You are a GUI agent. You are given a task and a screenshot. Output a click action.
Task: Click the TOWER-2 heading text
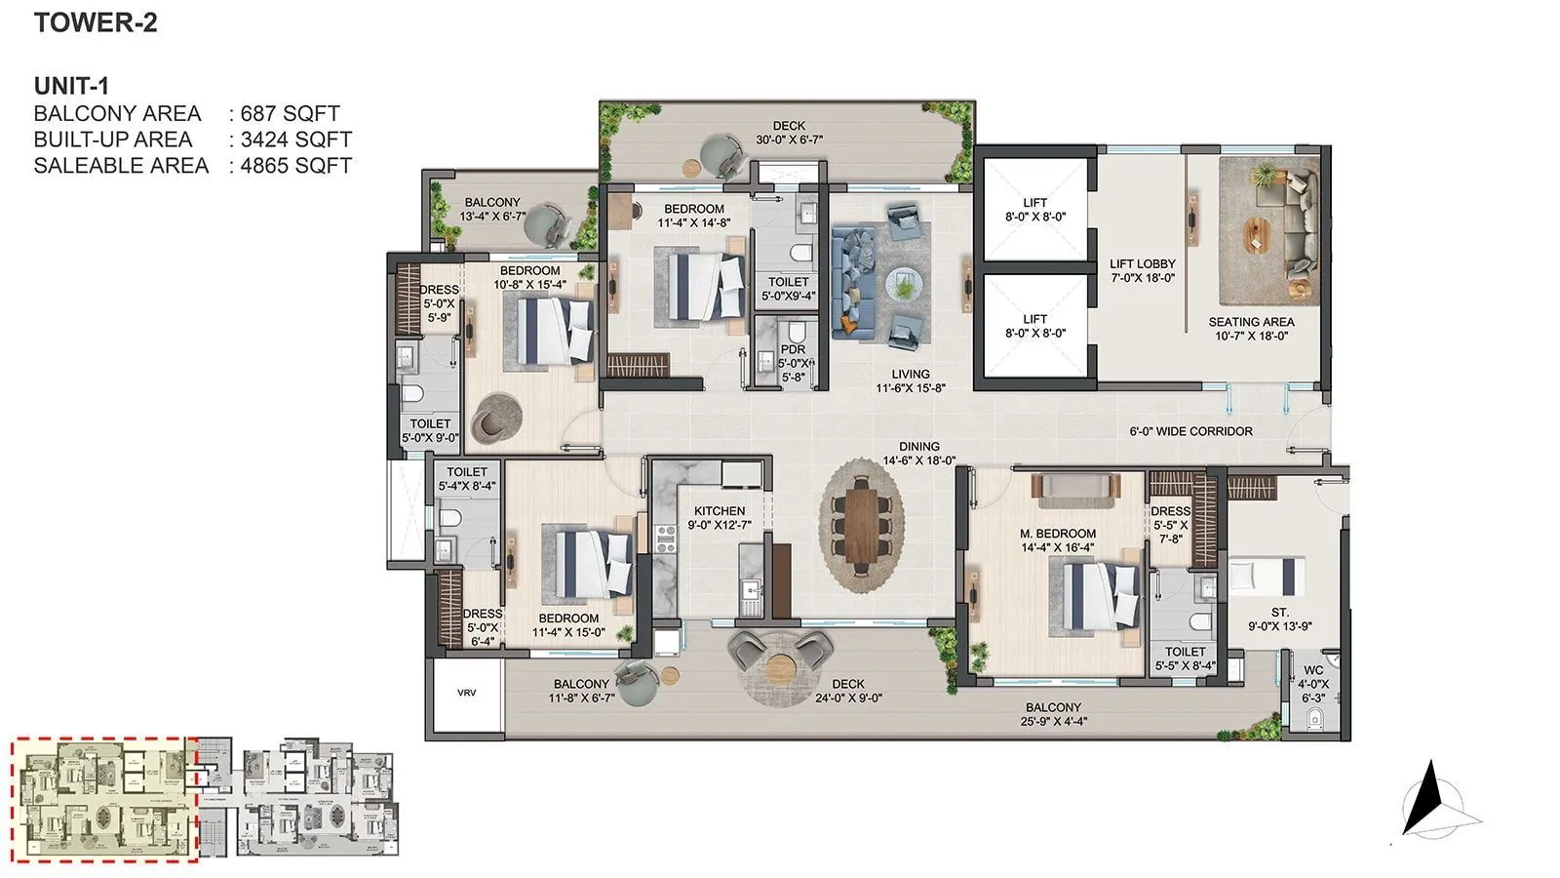[95, 22]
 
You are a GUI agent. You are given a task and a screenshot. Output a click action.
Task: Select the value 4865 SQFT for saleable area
[295, 166]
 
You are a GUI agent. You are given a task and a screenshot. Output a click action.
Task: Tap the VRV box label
[466, 693]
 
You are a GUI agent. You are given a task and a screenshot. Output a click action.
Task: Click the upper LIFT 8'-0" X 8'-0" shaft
[1034, 210]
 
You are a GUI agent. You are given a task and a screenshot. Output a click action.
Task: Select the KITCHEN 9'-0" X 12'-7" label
[720, 517]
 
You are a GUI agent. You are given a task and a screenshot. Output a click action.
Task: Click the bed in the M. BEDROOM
[1100, 594]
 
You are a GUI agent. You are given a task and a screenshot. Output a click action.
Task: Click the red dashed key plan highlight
[104, 800]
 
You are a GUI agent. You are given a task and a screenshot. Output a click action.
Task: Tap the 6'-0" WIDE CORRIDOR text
[1190, 430]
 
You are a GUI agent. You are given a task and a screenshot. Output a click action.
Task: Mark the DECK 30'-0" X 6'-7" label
[789, 133]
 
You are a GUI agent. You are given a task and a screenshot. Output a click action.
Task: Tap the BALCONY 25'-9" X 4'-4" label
[1053, 714]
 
